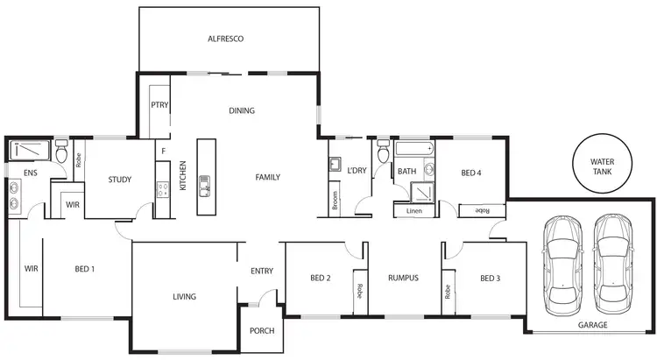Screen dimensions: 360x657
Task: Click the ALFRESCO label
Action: [225, 39]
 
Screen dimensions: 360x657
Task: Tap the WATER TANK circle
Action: [603, 166]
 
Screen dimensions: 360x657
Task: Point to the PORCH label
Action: [261, 330]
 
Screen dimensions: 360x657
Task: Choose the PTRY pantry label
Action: [159, 105]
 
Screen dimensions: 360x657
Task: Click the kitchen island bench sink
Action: [205, 185]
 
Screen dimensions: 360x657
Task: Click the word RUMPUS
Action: [403, 279]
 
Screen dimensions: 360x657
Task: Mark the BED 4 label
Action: [471, 173]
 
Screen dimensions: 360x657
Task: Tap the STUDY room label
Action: [120, 180]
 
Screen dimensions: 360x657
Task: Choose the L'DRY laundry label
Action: [356, 170]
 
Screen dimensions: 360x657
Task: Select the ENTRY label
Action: [261, 271]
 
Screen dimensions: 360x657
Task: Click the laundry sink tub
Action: [335, 164]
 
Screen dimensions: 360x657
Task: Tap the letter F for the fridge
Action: [163, 151]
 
